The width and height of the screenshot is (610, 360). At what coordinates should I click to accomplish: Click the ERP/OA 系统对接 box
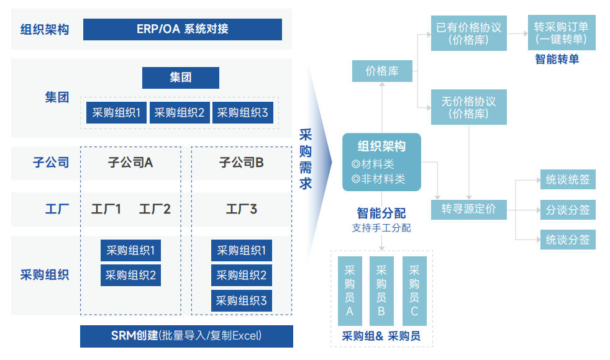pos(182,29)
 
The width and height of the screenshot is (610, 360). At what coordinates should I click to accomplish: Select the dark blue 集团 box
pos(180,78)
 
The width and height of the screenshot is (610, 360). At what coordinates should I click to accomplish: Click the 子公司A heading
pos(130,163)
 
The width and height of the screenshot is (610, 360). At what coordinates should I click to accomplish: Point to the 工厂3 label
pos(241,209)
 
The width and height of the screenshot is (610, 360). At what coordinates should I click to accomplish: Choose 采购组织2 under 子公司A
pos(130,275)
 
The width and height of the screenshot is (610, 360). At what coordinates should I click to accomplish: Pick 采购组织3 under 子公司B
pos(241,301)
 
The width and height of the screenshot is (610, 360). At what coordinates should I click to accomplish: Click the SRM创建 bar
pos(186,336)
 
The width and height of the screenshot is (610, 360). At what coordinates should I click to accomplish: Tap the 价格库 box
pos(382,71)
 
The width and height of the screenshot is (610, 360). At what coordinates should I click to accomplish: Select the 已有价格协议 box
pos(468,34)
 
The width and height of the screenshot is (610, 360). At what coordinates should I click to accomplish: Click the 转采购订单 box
pos(561,34)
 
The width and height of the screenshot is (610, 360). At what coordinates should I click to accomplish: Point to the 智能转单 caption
pos(557,60)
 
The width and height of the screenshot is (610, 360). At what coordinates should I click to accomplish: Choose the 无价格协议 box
pos(468,107)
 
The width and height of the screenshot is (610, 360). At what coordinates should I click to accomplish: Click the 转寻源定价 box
pos(468,209)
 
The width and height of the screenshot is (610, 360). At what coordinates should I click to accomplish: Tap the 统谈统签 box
pos(567,180)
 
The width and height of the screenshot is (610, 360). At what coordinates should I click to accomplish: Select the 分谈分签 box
pos(567,210)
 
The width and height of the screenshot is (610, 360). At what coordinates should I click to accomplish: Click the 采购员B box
pos(381,290)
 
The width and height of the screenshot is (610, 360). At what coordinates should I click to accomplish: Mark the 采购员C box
pos(414,290)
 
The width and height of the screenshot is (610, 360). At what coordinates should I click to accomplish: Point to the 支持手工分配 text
pos(381,228)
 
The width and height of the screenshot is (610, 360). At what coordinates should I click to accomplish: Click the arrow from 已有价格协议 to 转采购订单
pos(517,34)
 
